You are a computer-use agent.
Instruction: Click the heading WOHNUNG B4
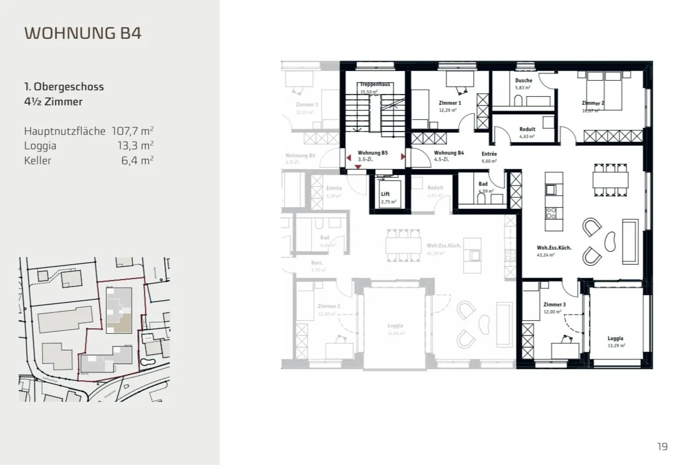coord(83,33)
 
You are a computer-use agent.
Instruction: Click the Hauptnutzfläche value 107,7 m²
coord(132,131)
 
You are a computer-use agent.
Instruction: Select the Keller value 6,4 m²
coord(137,160)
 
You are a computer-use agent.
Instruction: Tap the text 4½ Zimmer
coord(53,102)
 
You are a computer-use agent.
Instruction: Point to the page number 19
coord(662,446)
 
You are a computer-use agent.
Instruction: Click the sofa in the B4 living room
coord(630,242)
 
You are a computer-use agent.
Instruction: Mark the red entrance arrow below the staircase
coord(358,167)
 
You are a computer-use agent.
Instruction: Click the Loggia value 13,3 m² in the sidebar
coord(135,146)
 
